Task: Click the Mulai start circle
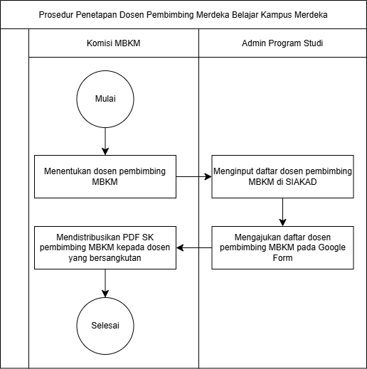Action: point(105,99)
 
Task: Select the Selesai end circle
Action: point(105,326)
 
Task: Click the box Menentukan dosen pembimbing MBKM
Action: point(105,176)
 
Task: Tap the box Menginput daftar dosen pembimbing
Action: point(282,176)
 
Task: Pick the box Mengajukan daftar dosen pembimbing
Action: point(282,247)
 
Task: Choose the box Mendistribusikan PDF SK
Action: point(105,247)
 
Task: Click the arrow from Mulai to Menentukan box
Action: point(105,141)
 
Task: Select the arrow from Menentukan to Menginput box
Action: point(194,176)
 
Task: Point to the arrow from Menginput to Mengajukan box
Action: point(282,212)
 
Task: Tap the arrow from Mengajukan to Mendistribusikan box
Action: point(194,247)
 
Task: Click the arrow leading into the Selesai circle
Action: point(105,283)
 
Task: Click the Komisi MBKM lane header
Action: point(114,43)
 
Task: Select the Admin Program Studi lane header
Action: point(282,43)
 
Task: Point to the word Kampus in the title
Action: point(276,15)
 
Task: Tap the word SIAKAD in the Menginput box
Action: point(301,182)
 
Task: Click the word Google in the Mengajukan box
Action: point(331,247)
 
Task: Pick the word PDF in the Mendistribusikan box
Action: point(132,237)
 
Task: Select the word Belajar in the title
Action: point(245,15)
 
